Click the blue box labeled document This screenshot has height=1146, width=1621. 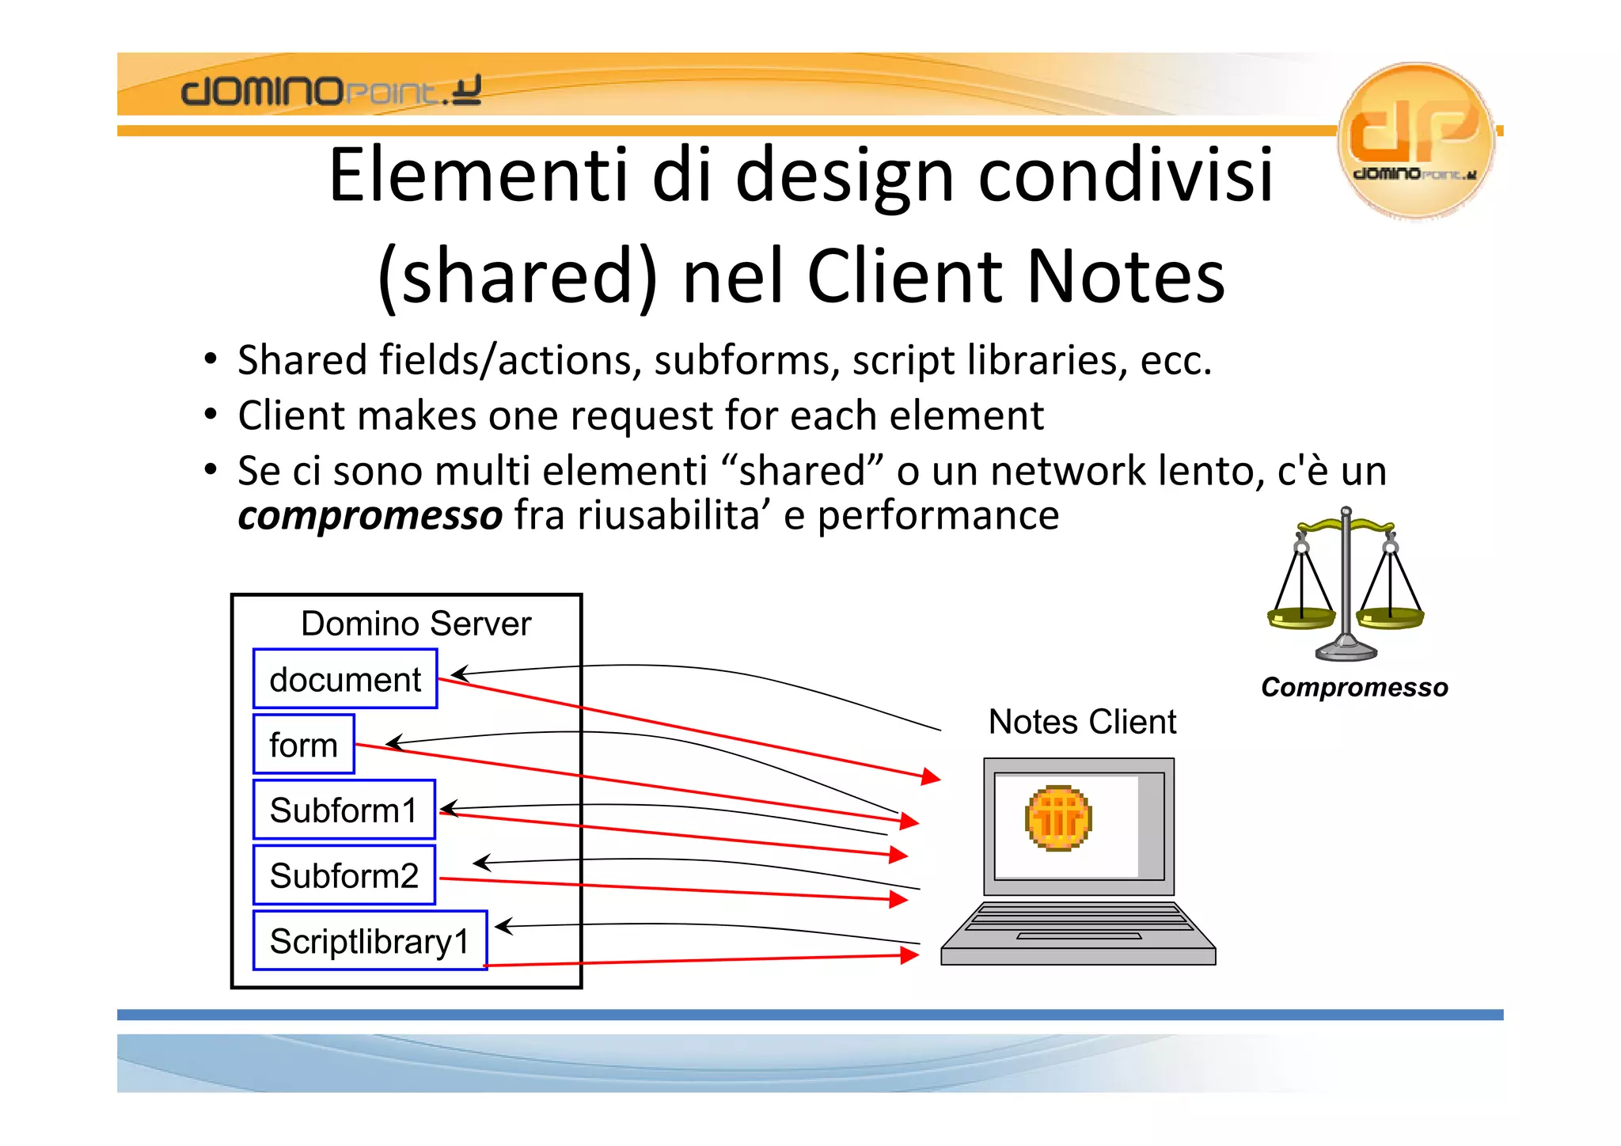pyautogui.click(x=345, y=679)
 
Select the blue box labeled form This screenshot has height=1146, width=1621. pyautogui.click(x=304, y=745)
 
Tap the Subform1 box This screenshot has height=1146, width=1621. pyautogui.click(x=344, y=810)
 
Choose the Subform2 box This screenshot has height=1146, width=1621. pyautogui.click(x=344, y=875)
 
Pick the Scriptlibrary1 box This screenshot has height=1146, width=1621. pyautogui.click(x=370, y=941)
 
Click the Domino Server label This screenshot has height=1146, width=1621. pyautogui.click(x=416, y=624)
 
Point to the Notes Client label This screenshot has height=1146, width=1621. pyautogui.click(x=1082, y=722)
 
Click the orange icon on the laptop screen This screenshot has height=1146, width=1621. pyautogui.click(x=1058, y=818)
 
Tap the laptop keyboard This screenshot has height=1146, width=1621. pyautogui.click(x=1079, y=921)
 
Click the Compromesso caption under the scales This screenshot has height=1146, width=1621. pyautogui.click(x=1354, y=687)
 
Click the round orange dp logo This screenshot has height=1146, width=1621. pyautogui.click(x=1416, y=140)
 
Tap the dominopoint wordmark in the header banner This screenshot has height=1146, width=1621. pyautogui.click(x=330, y=91)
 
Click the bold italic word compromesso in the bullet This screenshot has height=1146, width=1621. pyautogui.click(x=370, y=515)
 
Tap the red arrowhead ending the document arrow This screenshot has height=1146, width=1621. pyautogui.click(x=931, y=776)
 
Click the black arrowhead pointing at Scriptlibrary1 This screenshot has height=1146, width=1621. pyautogui.click(x=503, y=926)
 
